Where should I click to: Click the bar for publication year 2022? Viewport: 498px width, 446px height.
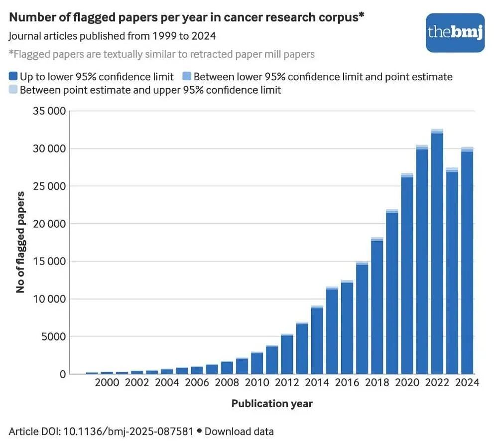tap(437, 252)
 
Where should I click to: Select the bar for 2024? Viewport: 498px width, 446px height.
tap(467, 261)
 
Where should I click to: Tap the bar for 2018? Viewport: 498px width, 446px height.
tap(377, 305)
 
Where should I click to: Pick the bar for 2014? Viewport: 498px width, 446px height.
tap(317, 340)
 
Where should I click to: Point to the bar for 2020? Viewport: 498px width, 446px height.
tap(407, 274)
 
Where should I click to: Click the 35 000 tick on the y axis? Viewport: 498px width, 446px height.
tap(49, 111)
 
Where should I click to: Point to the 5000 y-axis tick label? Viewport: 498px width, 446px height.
tap(53, 337)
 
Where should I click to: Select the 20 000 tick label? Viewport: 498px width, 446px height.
tap(49, 224)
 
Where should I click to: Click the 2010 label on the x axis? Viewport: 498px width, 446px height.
tap(257, 382)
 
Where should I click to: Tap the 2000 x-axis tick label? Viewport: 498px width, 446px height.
tap(107, 382)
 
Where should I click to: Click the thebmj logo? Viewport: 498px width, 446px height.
tap(455, 33)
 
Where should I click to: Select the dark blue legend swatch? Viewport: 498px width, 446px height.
tap(13, 76)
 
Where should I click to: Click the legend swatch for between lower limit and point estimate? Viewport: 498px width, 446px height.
tap(187, 76)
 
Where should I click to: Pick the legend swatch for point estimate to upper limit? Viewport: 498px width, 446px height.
tap(13, 89)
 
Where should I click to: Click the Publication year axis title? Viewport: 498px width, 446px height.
tap(272, 404)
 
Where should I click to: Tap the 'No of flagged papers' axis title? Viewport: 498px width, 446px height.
tap(20, 242)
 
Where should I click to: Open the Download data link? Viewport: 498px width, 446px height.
tap(239, 432)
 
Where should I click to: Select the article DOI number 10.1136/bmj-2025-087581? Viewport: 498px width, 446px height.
tap(128, 432)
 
